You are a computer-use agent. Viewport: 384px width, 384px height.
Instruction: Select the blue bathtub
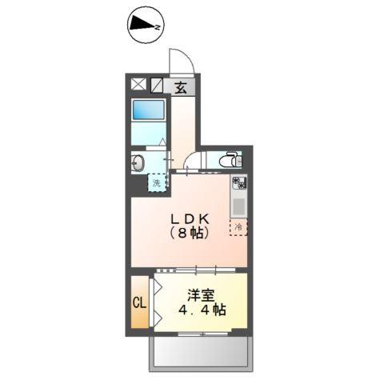tap(147, 111)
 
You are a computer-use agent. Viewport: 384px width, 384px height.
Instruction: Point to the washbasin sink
tap(137, 163)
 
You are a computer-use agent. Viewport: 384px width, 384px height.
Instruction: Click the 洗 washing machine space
tap(157, 182)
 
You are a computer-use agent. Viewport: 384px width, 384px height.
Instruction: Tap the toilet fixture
tap(230, 159)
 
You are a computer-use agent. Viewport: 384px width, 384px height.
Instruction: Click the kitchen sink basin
tap(238, 206)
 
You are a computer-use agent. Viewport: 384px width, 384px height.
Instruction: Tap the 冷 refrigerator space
tap(238, 226)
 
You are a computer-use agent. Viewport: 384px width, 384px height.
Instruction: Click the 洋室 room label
tap(201, 294)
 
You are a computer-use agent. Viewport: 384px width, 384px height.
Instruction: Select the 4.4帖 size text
tap(200, 310)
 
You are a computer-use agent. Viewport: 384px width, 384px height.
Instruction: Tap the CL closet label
tap(138, 304)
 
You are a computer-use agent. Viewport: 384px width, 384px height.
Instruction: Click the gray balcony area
tap(199, 352)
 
